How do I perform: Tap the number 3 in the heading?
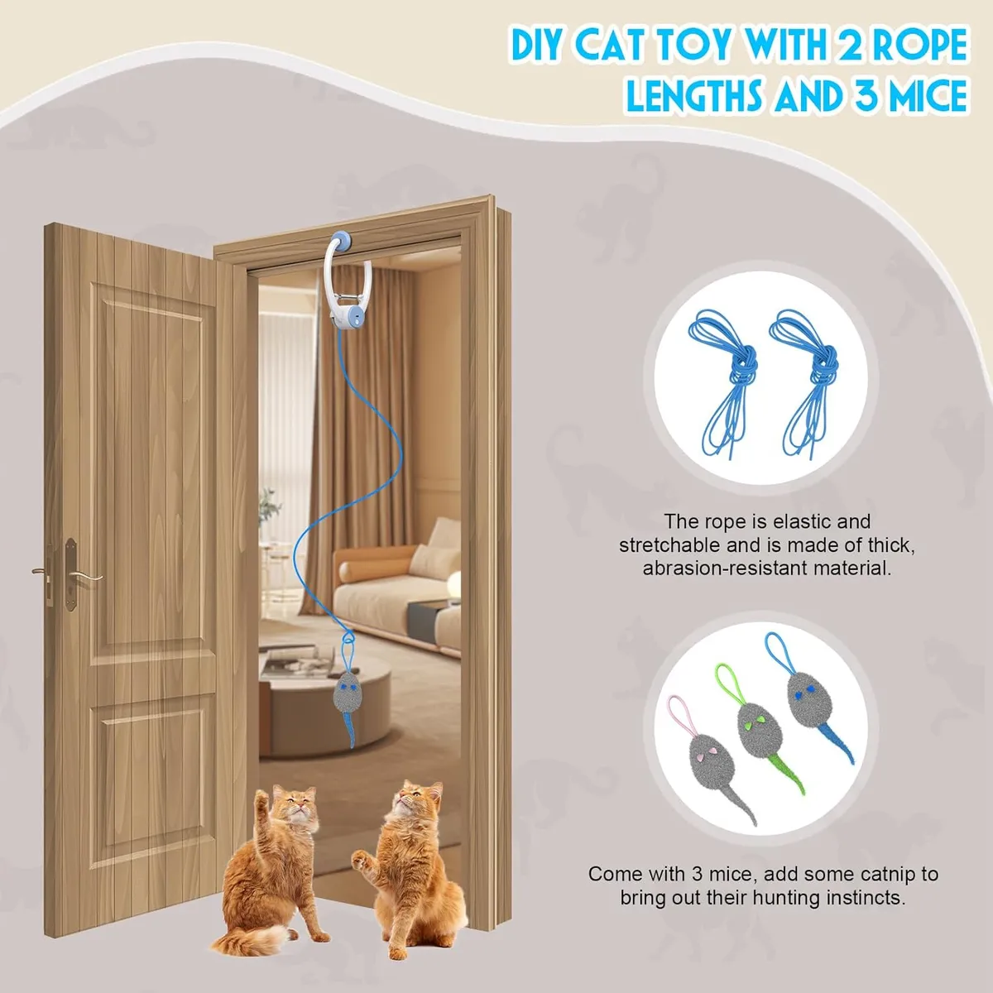(x=867, y=95)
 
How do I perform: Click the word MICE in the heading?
(x=928, y=95)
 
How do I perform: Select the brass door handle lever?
(x=86, y=577)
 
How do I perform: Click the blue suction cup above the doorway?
(x=341, y=241)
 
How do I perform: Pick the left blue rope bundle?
(x=726, y=381)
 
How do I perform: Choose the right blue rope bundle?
(x=806, y=381)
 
